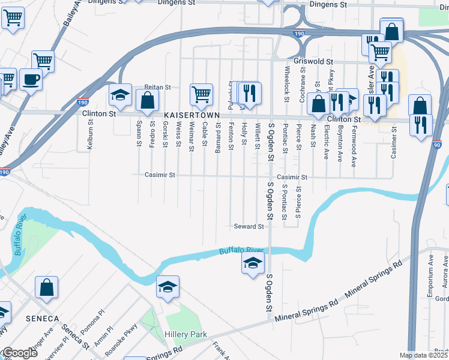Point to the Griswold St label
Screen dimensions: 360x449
(314, 61)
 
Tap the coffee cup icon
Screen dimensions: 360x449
(31, 79)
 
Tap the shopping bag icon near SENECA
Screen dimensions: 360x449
(47, 287)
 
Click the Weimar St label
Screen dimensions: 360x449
(191, 133)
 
